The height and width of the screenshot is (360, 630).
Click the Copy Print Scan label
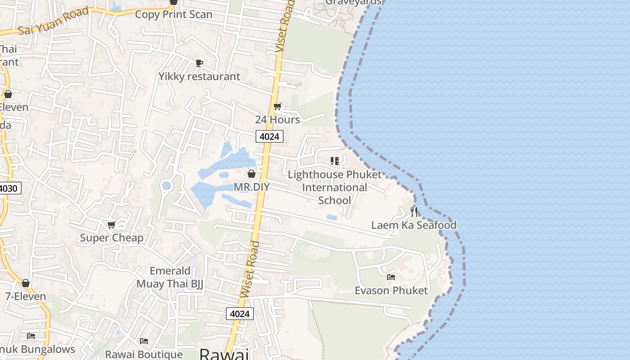coord(174,14)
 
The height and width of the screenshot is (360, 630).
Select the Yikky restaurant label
coord(199,76)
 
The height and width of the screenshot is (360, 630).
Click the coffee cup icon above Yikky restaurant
coord(199,63)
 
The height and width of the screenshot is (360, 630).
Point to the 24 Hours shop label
coord(278,120)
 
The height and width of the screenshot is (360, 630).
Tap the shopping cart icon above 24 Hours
coord(278,107)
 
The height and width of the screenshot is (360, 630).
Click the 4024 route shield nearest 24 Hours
coord(270,136)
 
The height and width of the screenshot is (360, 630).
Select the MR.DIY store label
coord(252,187)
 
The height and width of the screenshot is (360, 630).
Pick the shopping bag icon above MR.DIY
coord(252,174)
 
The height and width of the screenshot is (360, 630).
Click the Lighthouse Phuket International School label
coord(334,187)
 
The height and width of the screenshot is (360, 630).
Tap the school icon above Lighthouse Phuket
coord(334,161)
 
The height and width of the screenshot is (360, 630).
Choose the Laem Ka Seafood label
coord(414,225)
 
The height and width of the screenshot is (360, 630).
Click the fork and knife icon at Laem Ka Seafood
coord(414,212)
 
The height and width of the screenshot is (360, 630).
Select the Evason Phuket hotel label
coord(391,291)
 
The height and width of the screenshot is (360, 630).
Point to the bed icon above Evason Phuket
coord(391,277)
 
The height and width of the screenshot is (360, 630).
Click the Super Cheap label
coord(112,238)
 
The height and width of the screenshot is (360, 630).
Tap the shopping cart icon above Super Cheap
coord(112,225)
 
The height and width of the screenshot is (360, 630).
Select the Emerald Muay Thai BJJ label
coord(170,277)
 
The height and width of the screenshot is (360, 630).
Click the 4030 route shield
coord(9,188)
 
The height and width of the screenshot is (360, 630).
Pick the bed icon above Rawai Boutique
coord(144,341)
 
